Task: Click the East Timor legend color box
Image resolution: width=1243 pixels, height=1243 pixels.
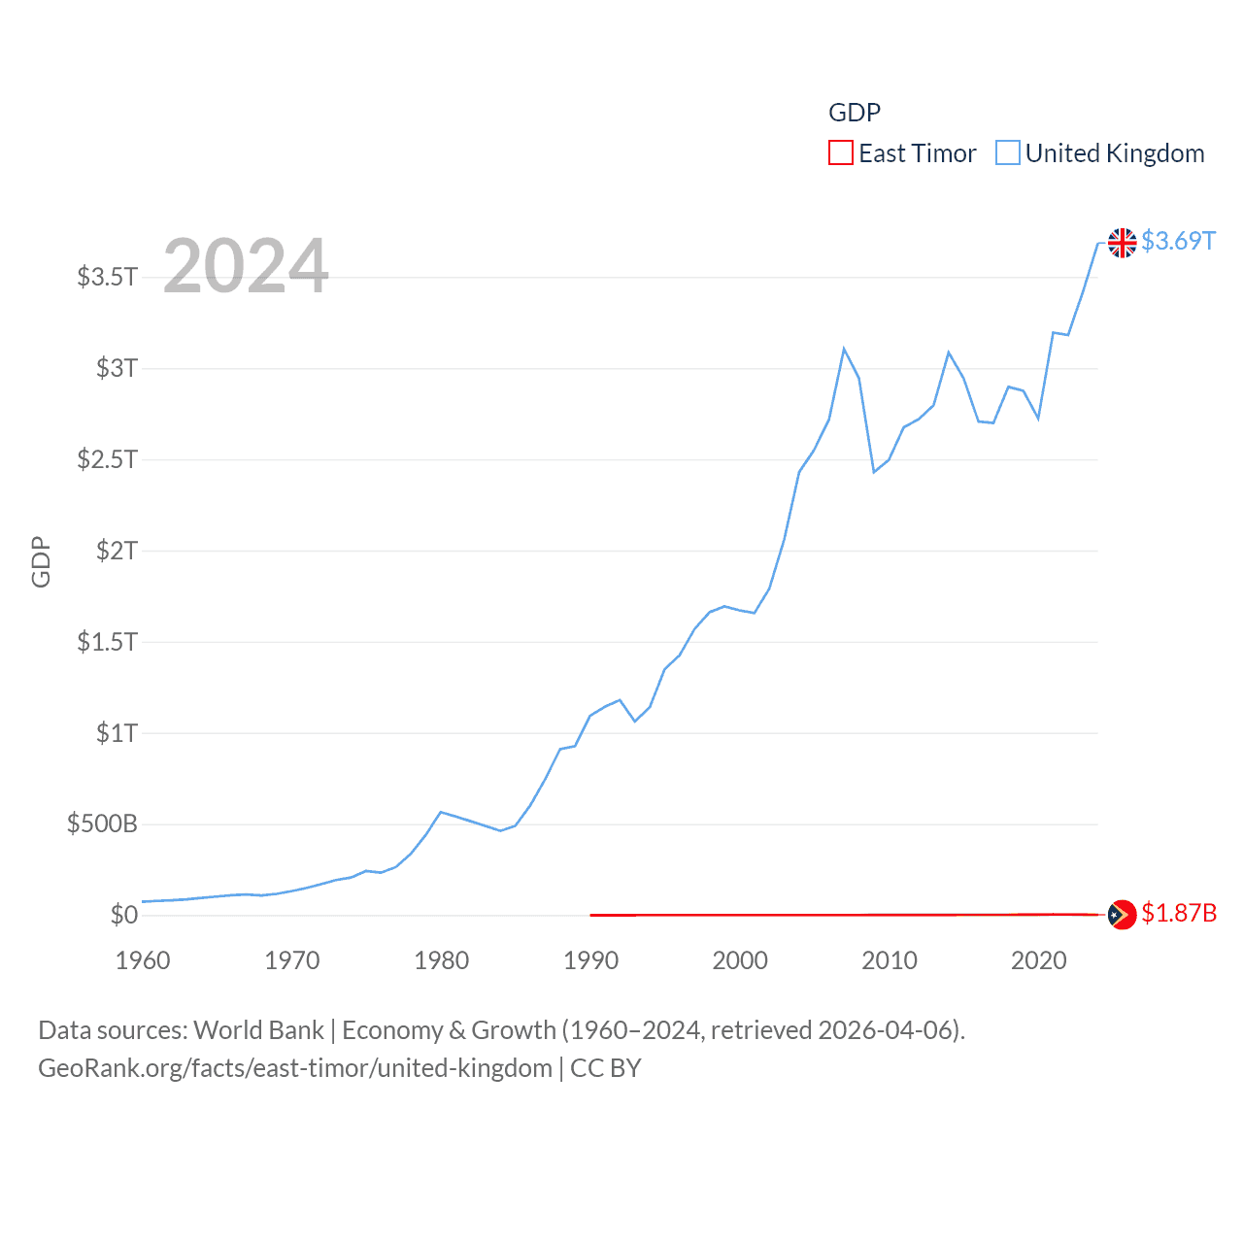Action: pyautogui.click(x=841, y=153)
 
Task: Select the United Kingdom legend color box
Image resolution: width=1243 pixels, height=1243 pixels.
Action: pyautogui.click(x=1008, y=153)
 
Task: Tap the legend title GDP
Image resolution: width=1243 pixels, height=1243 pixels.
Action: pyautogui.click(x=855, y=113)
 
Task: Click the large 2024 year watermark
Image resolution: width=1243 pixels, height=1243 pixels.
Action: pyautogui.click(x=246, y=266)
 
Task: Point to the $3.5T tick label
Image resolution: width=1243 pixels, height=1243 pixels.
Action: pyautogui.click(x=108, y=277)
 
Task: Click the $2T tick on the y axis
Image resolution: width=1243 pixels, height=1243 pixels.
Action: pyautogui.click(x=117, y=551)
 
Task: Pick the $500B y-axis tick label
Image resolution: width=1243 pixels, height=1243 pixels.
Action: pyautogui.click(x=102, y=824)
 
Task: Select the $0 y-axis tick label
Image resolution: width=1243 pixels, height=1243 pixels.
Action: pyautogui.click(x=123, y=915)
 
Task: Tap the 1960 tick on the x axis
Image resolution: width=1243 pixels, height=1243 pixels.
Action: pyautogui.click(x=143, y=960)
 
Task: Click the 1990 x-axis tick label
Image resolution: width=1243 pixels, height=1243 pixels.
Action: pyautogui.click(x=590, y=960)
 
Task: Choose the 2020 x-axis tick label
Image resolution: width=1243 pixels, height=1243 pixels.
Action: pyautogui.click(x=1039, y=960)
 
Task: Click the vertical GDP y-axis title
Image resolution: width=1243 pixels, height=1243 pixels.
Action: pyautogui.click(x=41, y=561)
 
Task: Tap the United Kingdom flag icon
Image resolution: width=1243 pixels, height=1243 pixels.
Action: pyautogui.click(x=1123, y=243)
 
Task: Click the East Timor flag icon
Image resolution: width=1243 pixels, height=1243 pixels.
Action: pyautogui.click(x=1123, y=915)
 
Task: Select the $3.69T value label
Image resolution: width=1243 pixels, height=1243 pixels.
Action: pyautogui.click(x=1179, y=241)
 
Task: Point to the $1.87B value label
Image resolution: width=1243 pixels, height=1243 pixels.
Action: pyautogui.click(x=1179, y=914)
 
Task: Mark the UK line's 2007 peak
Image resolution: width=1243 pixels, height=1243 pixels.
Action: pyautogui.click(x=844, y=349)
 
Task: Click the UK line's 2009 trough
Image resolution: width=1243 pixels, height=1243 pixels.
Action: pyautogui.click(x=874, y=472)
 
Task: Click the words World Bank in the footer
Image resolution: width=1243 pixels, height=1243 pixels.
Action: pyautogui.click(x=259, y=1030)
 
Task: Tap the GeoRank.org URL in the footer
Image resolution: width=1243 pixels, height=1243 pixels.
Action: pyautogui.click(x=295, y=1068)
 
